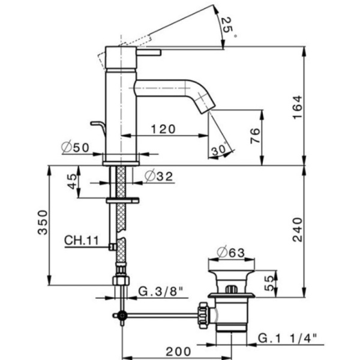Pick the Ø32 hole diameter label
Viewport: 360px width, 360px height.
(x=158, y=176)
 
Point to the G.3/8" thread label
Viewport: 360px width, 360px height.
(x=160, y=292)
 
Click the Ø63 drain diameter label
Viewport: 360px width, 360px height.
(x=231, y=253)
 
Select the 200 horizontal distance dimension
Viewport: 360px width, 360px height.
(x=179, y=351)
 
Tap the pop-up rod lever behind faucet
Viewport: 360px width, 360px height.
(x=97, y=124)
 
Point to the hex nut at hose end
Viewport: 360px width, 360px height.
(x=119, y=282)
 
